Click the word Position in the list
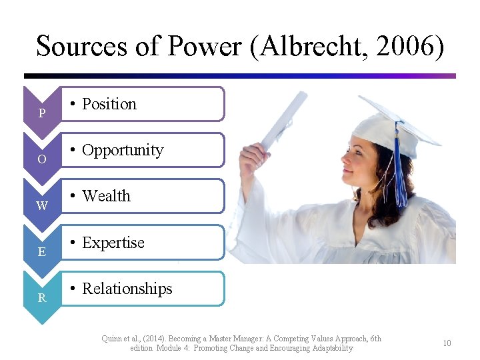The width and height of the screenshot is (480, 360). click(109, 104)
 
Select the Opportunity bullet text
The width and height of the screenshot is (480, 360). click(122, 150)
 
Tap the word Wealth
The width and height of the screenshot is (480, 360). click(106, 196)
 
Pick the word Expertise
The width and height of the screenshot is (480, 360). click(113, 243)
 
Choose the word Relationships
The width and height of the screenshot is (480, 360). click(127, 289)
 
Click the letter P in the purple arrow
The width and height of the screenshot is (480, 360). click(41, 113)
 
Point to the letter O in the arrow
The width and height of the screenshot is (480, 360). click(41, 160)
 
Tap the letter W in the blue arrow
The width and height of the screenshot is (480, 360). click(41, 206)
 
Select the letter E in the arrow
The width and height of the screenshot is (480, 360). click(41, 252)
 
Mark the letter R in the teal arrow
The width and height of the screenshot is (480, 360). click(41, 298)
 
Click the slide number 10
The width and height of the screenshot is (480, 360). click(447, 343)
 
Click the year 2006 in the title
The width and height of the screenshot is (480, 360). click(411, 47)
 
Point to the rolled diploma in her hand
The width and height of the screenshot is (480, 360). click(283, 120)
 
